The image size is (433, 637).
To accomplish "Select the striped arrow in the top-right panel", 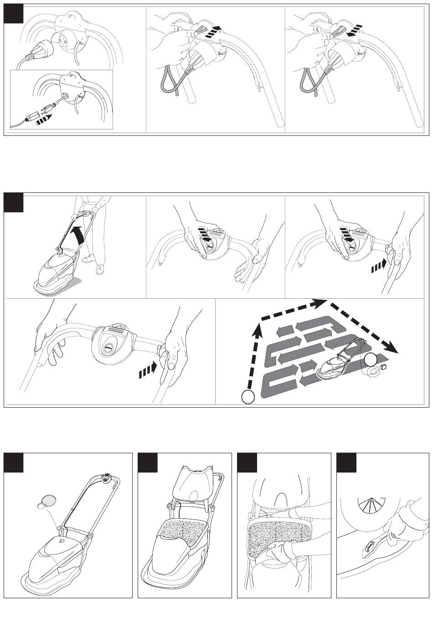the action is point(351,30).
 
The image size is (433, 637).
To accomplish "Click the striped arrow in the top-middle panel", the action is point(212,31).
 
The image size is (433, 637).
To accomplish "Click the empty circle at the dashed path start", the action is point(247,397).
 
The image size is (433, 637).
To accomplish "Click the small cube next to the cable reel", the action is point(384,366).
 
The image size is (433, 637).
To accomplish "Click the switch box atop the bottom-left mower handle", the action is point(107,478).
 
